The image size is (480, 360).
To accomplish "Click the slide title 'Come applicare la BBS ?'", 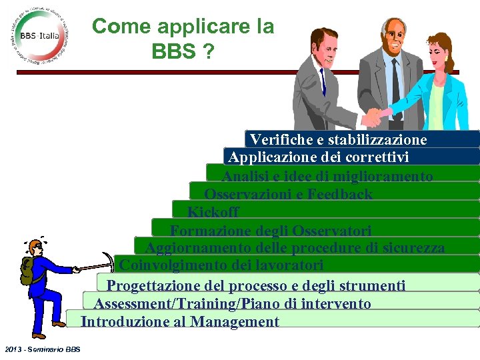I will click(x=183, y=38).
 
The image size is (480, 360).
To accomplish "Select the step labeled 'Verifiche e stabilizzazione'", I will click(x=338, y=140).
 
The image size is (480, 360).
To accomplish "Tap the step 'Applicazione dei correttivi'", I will click(x=318, y=157).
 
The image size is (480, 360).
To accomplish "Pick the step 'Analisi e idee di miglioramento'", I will click(x=327, y=176).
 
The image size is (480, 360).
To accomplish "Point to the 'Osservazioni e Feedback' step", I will click(x=288, y=194).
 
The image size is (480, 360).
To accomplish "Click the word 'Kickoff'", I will click(x=213, y=212).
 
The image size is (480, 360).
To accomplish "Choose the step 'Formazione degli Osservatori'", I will click(x=270, y=231).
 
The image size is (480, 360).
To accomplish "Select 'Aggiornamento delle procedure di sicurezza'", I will click(x=295, y=248).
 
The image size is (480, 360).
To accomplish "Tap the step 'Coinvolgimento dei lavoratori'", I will click(x=221, y=265).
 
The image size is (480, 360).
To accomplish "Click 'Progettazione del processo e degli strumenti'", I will click(x=256, y=286).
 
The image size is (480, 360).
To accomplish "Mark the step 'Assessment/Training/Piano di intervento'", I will click(x=232, y=304).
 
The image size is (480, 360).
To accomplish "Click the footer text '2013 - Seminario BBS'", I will click(x=41, y=349).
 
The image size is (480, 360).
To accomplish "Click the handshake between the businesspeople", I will click(x=377, y=118).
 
